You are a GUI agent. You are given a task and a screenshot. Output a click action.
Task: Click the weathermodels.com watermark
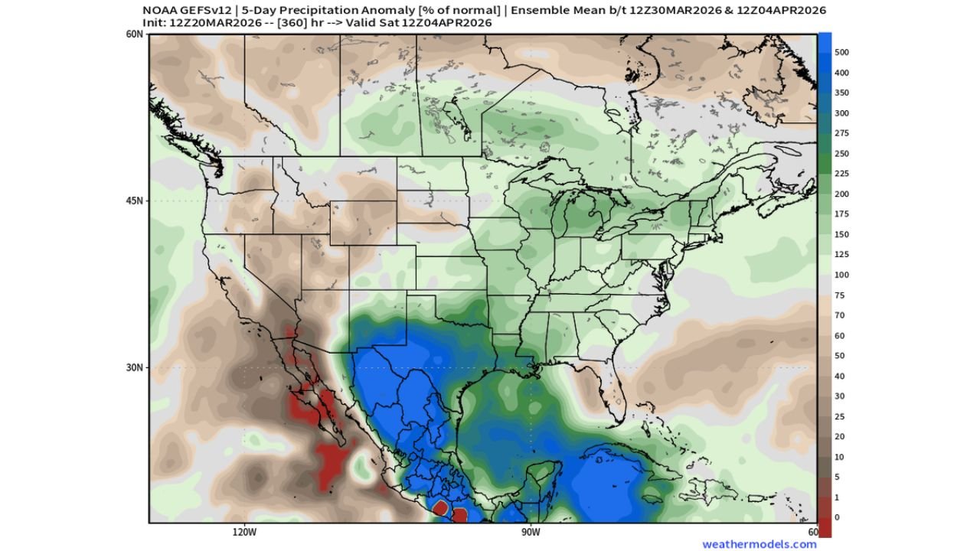(x=759, y=544)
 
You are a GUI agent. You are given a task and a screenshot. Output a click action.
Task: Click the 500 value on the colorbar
(x=842, y=53)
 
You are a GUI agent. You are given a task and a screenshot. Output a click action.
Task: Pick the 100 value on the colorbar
(x=841, y=275)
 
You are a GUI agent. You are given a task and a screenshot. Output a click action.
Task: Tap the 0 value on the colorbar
(x=837, y=517)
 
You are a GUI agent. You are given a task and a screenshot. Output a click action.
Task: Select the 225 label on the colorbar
(x=841, y=174)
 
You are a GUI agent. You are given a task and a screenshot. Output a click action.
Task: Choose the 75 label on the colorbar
(x=839, y=295)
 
